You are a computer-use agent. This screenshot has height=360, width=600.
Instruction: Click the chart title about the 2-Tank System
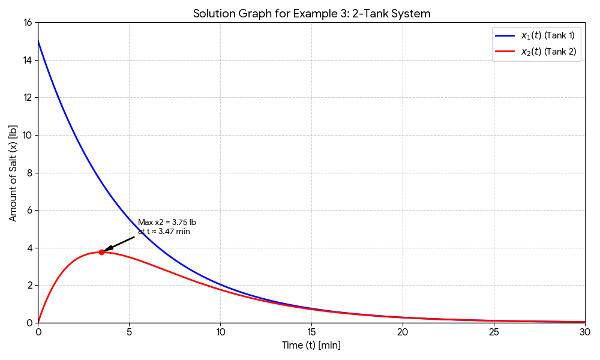(311, 13)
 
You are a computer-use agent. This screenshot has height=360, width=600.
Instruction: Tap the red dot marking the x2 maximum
(101, 252)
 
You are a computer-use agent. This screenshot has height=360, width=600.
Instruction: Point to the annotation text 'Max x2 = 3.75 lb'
(167, 223)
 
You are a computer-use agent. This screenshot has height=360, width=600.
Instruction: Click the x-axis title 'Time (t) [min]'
(311, 346)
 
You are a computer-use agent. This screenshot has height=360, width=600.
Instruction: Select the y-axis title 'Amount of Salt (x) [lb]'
(13, 173)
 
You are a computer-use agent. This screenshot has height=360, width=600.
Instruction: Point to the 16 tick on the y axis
(27, 23)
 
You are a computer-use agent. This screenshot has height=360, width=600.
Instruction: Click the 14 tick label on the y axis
(27, 60)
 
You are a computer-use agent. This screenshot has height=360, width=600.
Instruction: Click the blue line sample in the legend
(505, 35)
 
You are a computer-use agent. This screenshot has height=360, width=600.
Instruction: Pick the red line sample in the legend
(505, 52)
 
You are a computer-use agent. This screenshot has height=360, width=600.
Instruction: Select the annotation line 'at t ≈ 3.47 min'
(164, 232)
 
